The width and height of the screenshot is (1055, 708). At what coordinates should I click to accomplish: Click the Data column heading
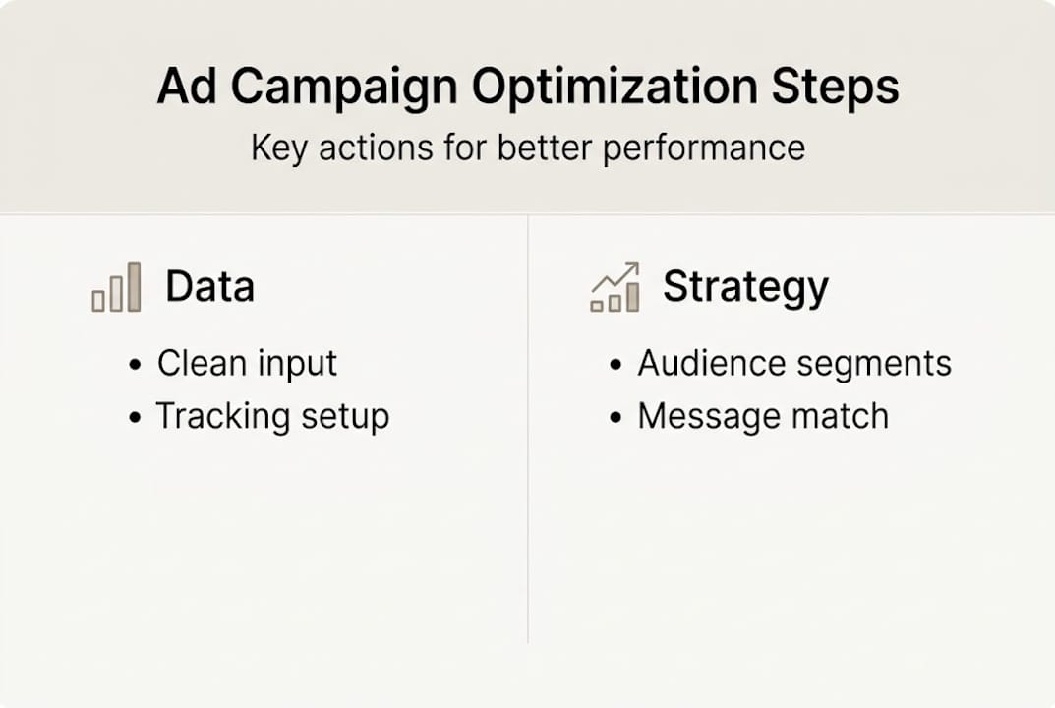point(209,287)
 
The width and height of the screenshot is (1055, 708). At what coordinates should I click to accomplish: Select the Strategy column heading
point(744,287)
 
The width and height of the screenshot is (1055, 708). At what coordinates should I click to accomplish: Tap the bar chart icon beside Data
point(116,288)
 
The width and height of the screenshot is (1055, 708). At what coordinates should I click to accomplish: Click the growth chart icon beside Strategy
point(615,288)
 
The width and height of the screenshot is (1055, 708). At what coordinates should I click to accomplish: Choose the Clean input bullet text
point(247,364)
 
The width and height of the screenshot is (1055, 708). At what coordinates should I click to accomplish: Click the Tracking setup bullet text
point(272,416)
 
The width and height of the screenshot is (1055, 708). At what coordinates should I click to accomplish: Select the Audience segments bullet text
point(793,364)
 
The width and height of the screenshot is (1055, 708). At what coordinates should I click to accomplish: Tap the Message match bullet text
point(762,416)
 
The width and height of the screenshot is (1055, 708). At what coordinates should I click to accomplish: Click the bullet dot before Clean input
point(135,365)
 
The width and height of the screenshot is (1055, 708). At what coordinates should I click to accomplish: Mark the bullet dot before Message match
point(615,417)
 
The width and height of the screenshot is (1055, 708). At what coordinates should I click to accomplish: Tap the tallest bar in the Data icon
point(134,286)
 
